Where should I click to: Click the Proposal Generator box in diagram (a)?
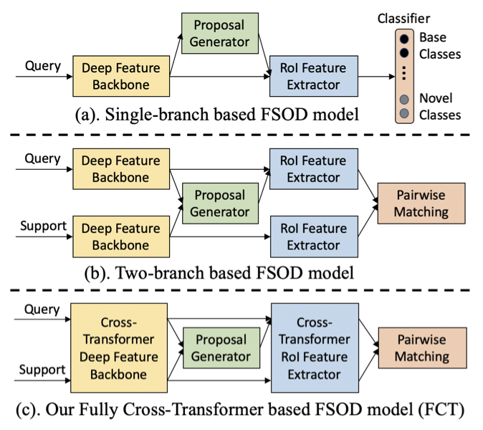coord(221,32)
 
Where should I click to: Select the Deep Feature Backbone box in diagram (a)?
coord(120,76)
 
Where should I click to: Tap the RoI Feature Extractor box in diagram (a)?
coord(312,76)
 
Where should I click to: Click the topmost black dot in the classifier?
coord(405,38)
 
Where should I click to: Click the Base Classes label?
coord(440,44)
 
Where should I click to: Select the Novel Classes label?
coord(440,106)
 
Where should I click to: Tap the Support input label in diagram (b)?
coord(42,226)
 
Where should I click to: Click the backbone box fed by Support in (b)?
coord(120,237)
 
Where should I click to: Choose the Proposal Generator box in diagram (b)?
coord(221,203)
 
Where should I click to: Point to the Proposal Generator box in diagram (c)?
coord(221,348)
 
